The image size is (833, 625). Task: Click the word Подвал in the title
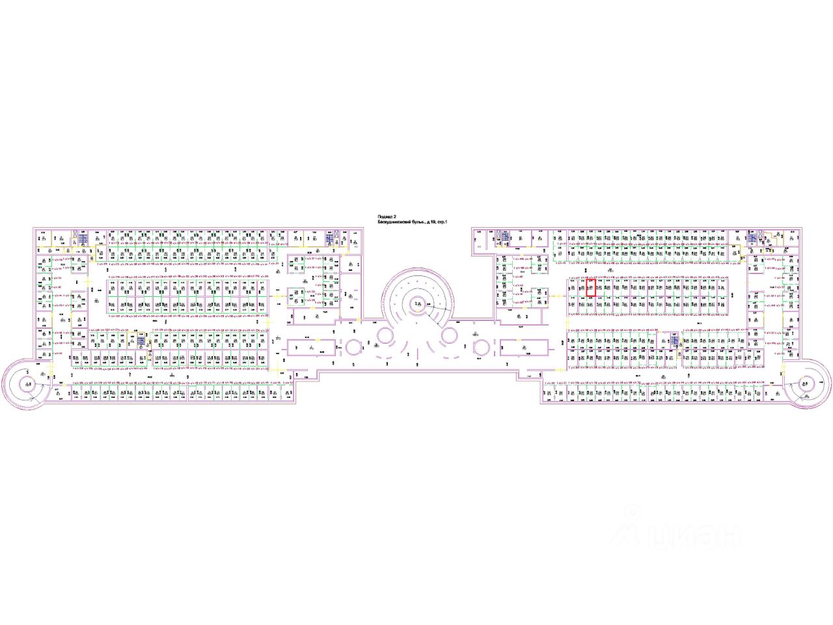click(386, 217)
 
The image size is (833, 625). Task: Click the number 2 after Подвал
click(394, 217)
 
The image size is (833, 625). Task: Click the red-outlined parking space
click(591, 287)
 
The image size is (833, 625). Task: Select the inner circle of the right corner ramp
click(804, 383)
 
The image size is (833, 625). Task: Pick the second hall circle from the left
click(385, 337)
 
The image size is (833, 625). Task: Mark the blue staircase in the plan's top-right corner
click(752, 239)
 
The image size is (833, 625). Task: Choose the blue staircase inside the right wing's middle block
click(675, 339)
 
